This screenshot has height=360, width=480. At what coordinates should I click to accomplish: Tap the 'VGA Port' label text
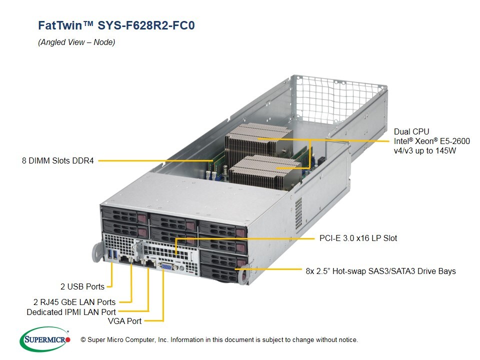click(x=124, y=321)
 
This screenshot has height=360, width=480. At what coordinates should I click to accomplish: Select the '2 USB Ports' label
click(x=82, y=286)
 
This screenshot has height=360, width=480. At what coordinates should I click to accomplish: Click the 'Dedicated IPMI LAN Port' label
click(x=71, y=312)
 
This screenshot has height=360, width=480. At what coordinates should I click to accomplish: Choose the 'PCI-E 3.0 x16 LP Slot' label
click(x=358, y=238)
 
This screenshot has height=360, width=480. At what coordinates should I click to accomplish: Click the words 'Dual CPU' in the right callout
click(x=411, y=132)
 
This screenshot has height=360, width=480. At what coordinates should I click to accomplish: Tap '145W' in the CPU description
click(x=443, y=150)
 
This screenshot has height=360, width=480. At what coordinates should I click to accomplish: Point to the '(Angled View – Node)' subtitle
click(x=76, y=42)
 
